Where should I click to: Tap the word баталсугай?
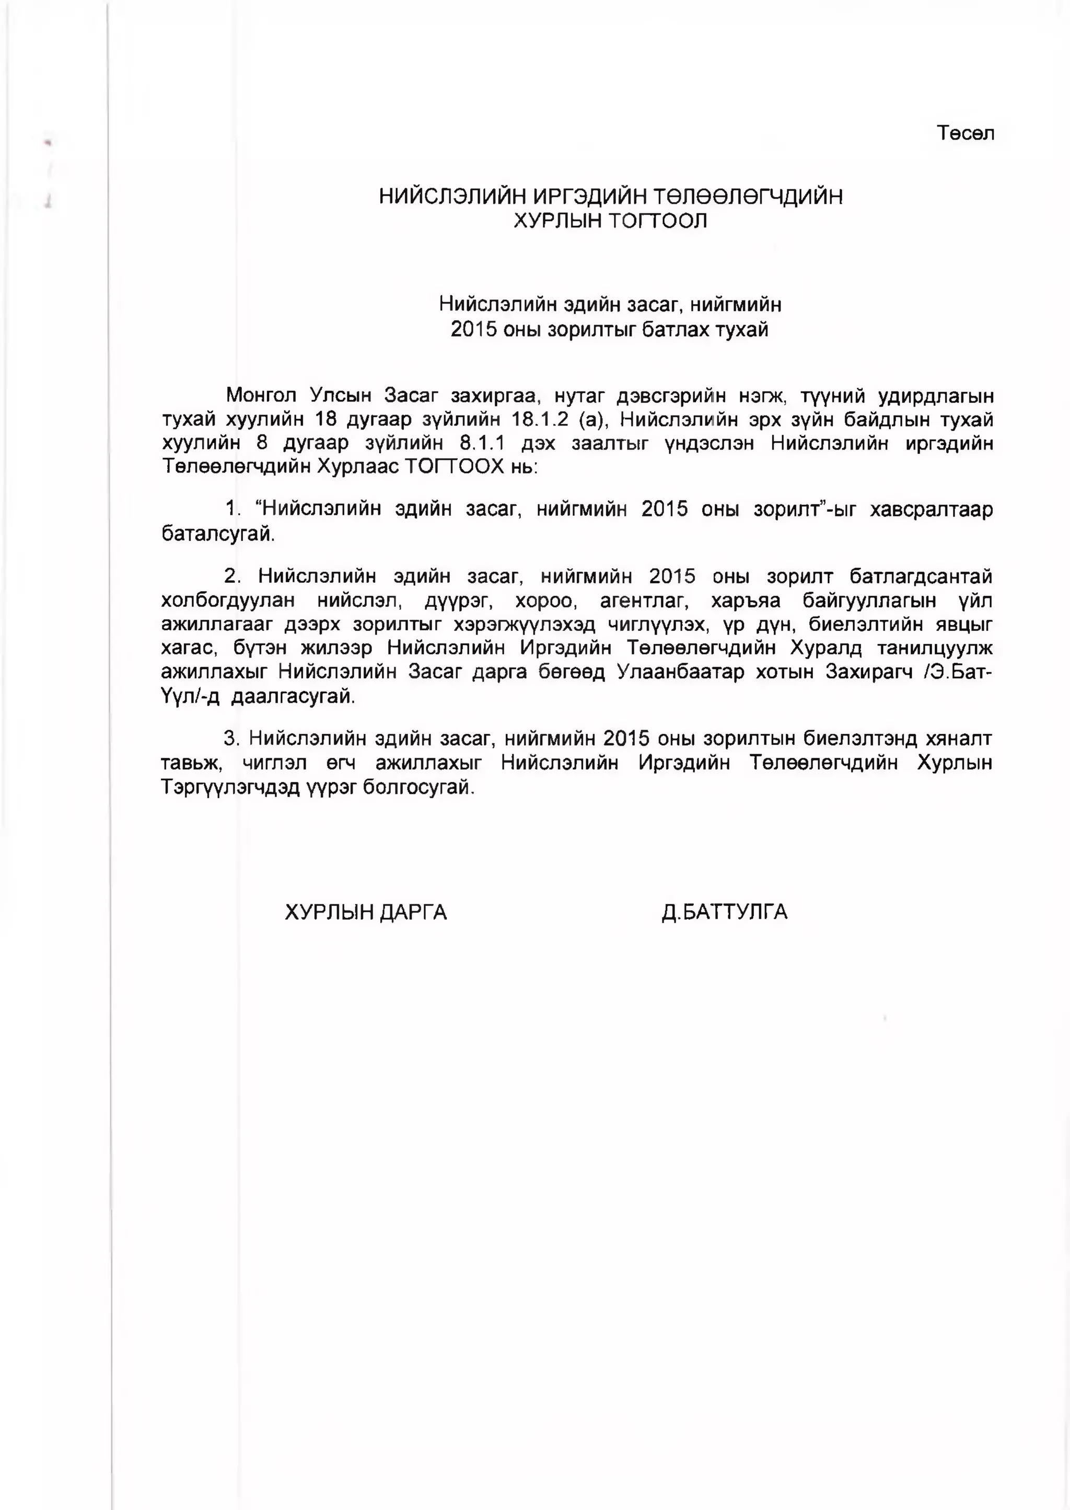217,534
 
